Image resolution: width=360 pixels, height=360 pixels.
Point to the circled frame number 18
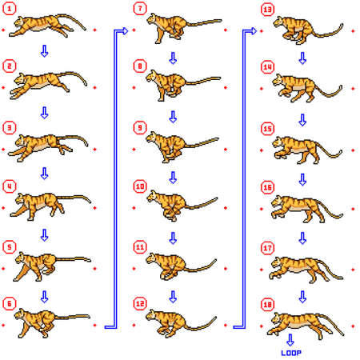click(268, 305)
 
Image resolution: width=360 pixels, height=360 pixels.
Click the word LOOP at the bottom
click(291, 352)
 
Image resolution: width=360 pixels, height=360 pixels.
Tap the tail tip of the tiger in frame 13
click(342, 26)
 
